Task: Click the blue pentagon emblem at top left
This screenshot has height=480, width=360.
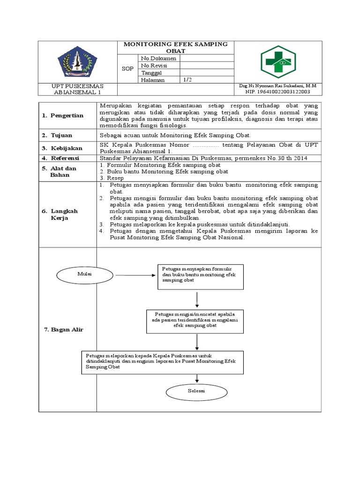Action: [x=78, y=61]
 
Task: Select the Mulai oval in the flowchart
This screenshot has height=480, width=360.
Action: [x=82, y=274]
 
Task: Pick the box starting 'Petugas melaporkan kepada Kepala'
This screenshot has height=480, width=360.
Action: [x=163, y=362]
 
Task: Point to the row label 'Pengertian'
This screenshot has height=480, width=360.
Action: [x=67, y=115]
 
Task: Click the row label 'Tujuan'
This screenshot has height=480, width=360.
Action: [x=63, y=135]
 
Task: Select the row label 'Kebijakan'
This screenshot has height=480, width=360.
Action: [x=67, y=148]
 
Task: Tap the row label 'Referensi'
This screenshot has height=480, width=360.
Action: [x=67, y=158]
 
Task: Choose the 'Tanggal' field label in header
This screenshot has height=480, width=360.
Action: [x=151, y=73]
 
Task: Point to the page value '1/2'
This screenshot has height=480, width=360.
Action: [x=187, y=80]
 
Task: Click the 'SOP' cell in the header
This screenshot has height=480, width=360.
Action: [x=127, y=69]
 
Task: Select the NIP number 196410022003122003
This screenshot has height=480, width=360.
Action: [x=277, y=92]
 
